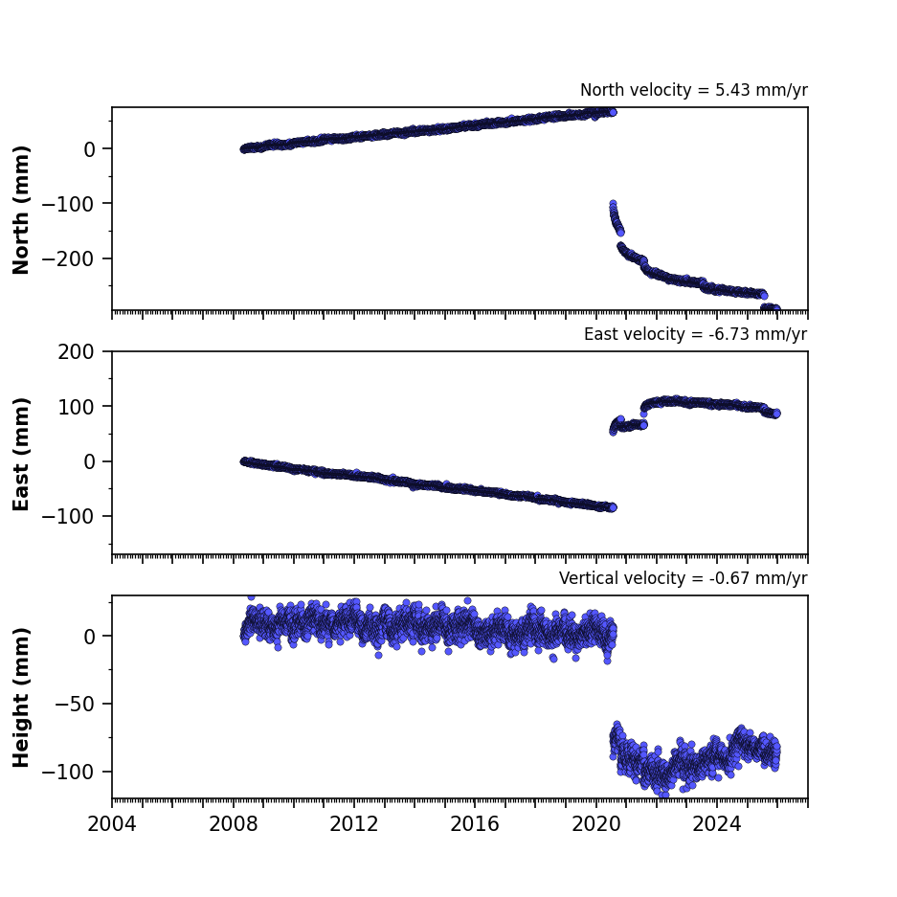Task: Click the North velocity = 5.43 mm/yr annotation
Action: point(694,90)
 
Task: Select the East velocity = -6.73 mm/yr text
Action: point(696,334)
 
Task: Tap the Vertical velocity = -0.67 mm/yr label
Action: point(684,578)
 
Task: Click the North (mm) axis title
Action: point(21,210)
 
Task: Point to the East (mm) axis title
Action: point(21,454)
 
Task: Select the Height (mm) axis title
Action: point(21,698)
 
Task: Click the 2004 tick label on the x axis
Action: point(112,824)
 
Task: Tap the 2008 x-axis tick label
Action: point(233,824)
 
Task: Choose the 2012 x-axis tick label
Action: point(354,824)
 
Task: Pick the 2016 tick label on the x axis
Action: point(475,824)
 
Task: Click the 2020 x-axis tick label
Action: point(596,824)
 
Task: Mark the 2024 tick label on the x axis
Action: point(717,824)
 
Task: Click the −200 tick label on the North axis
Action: point(68,259)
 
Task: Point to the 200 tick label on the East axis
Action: point(76,352)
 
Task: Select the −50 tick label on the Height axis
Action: point(74,705)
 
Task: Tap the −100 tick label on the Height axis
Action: point(68,773)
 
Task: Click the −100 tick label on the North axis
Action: point(68,204)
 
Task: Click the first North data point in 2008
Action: point(243,149)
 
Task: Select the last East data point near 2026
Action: point(776,414)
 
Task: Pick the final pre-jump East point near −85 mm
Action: point(613,507)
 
